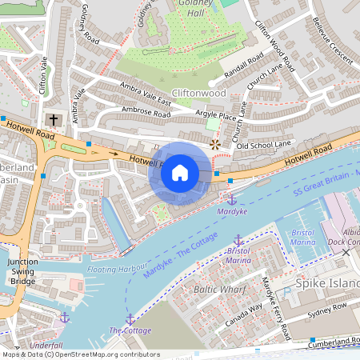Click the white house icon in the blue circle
point(180,173)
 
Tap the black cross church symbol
point(54,121)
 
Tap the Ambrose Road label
point(146,113)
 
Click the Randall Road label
point(243,70)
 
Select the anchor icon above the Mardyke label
point(232,198)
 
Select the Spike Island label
point(326,284)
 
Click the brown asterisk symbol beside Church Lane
point(214,144)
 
